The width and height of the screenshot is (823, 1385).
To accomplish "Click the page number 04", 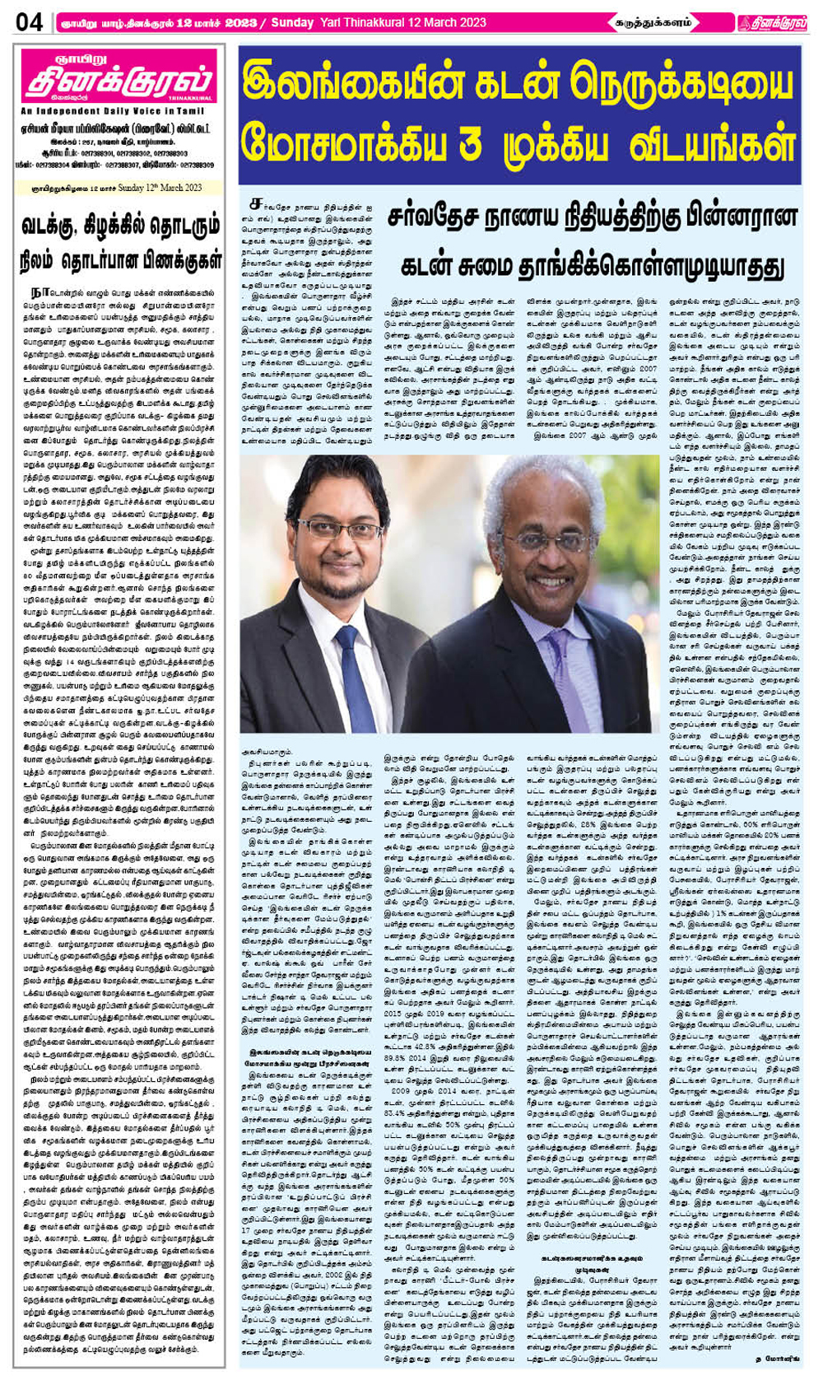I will pyautogui.click(x=30, y=22).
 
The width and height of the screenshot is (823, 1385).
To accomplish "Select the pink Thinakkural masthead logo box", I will pyautogui.click(x=118, y=78).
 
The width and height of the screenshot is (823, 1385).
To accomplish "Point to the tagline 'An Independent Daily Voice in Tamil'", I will pyautogui.click(x=112, y=110).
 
